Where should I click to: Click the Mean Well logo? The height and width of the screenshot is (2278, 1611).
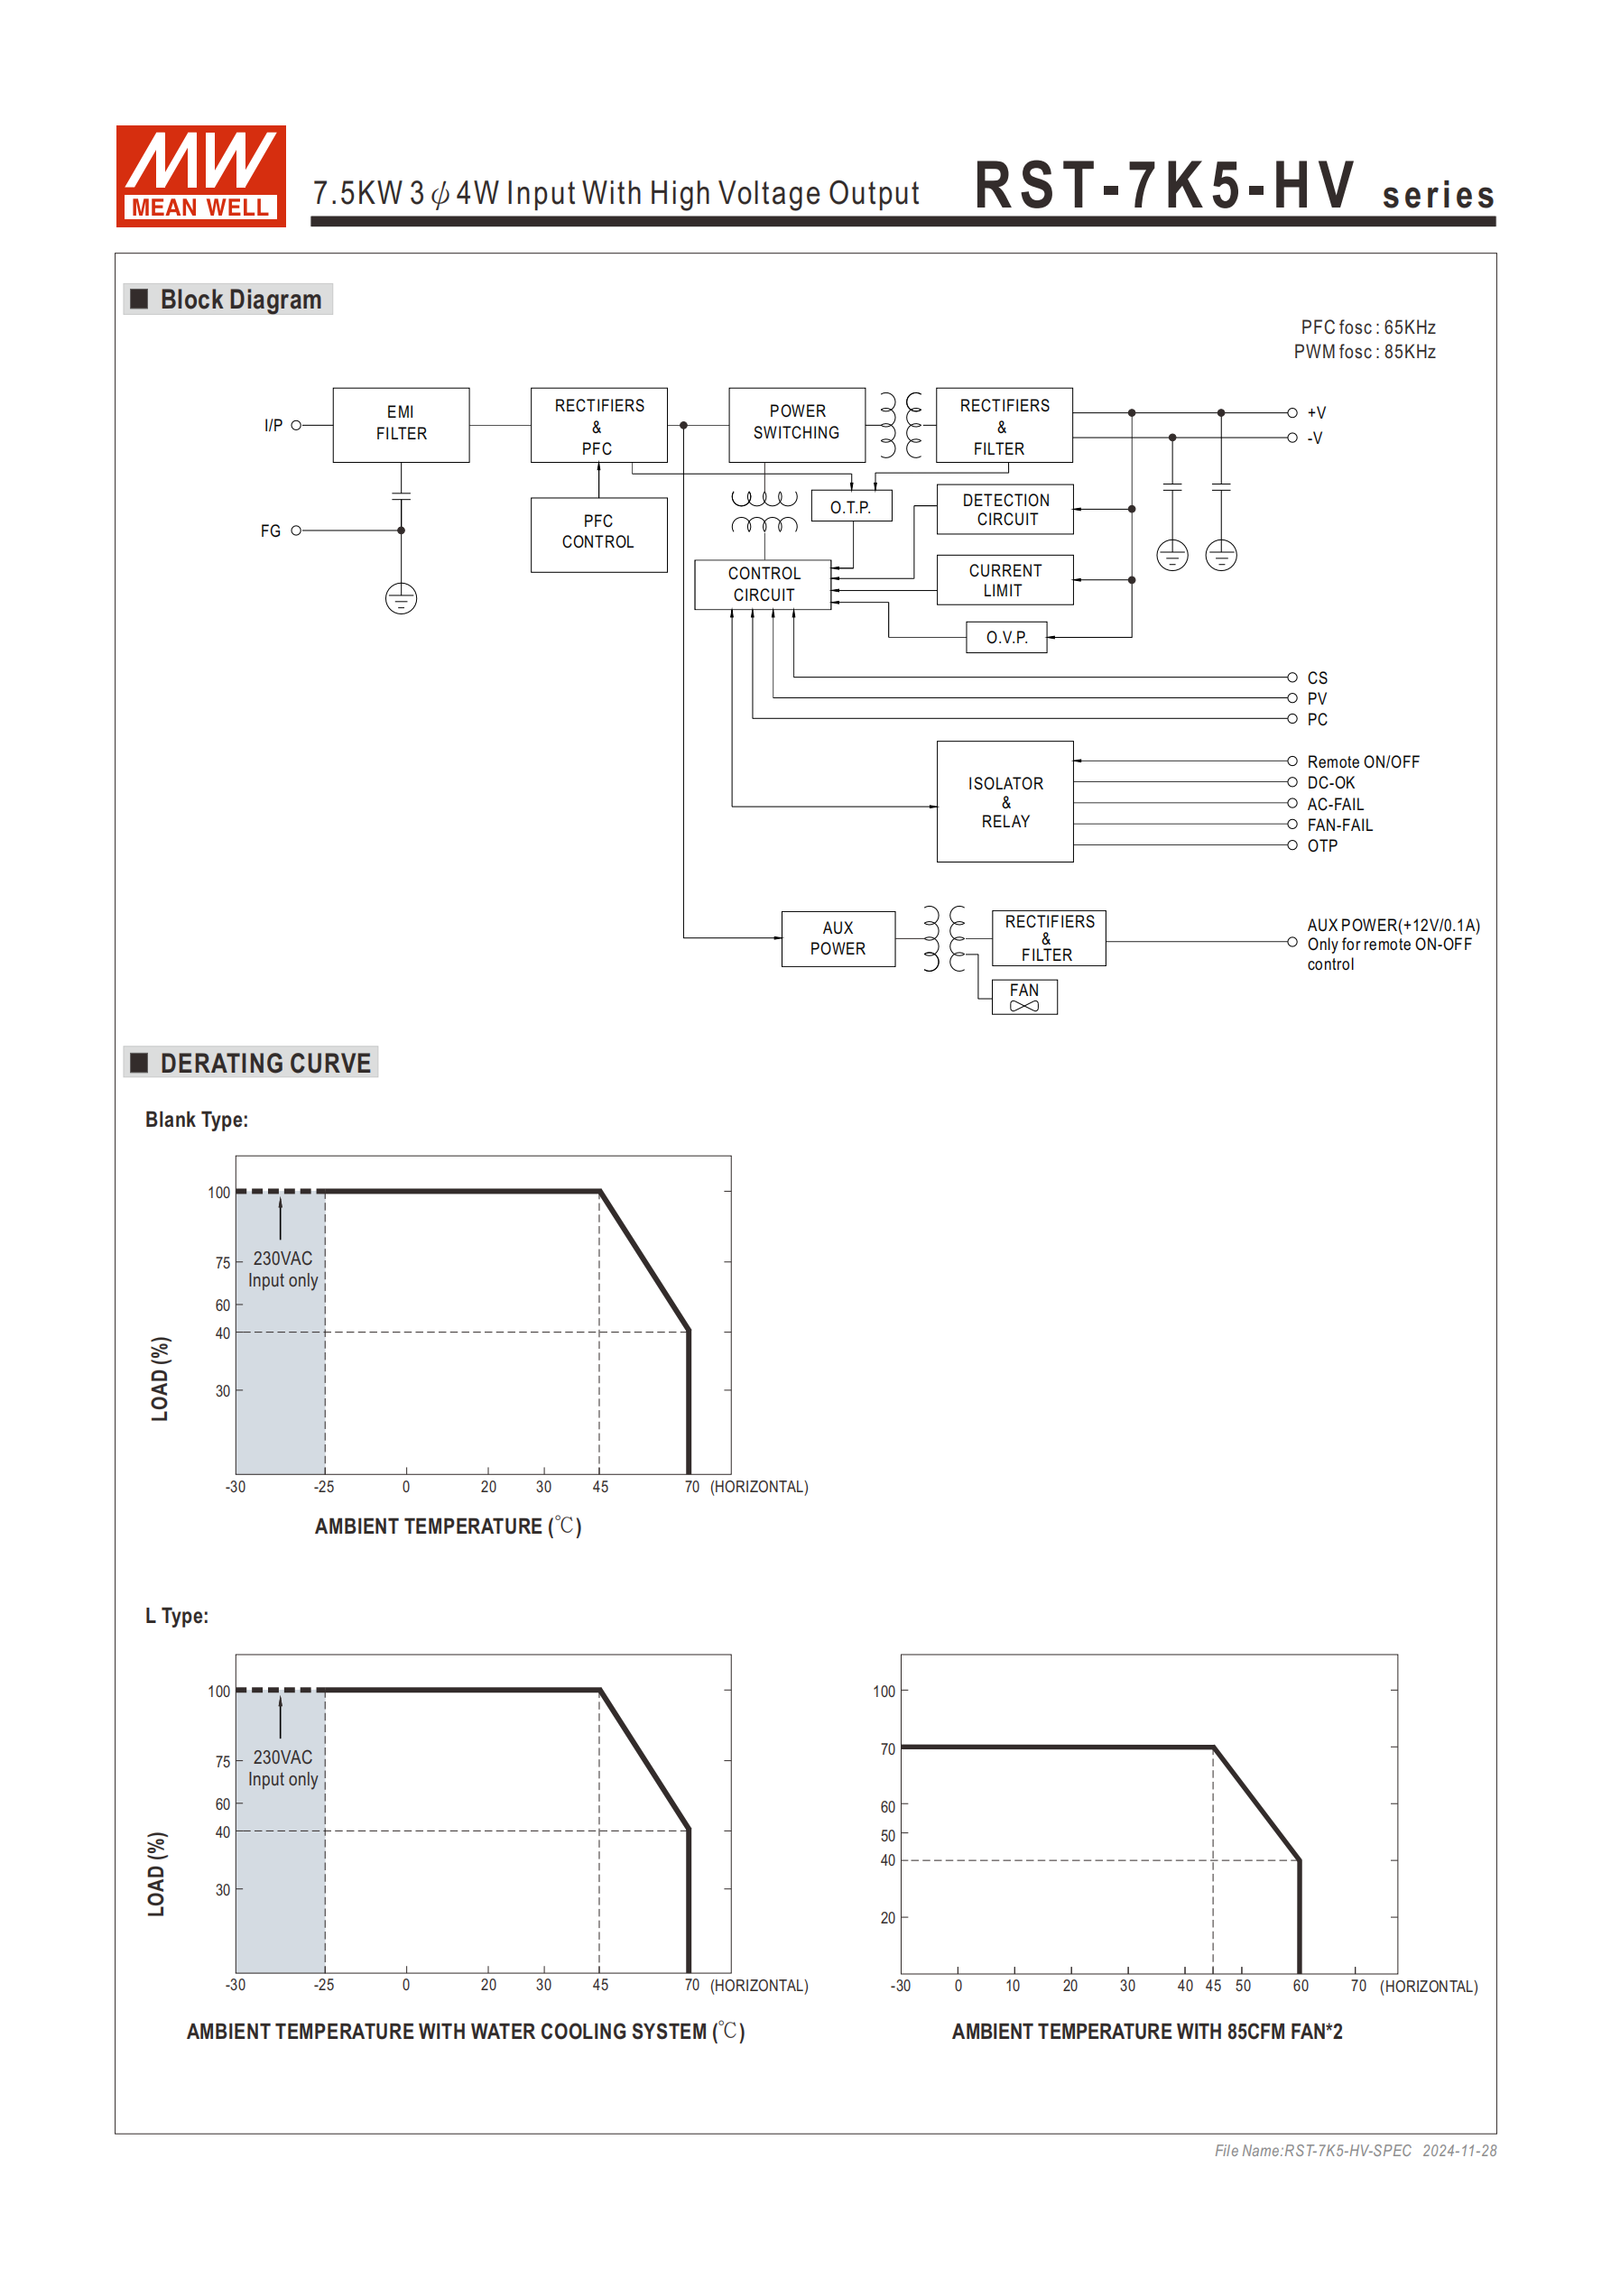[200, 176]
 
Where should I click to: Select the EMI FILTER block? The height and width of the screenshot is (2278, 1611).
[401, 425]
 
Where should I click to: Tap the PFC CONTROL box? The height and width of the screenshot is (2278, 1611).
[598, 534]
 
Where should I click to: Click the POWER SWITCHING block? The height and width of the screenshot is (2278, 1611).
[796, 424]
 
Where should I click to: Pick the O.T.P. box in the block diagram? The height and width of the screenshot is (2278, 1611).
[851, 507]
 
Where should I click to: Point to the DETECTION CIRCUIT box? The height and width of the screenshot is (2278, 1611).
[1005, 510]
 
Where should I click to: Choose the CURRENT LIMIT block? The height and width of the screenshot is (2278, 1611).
[1005, 580]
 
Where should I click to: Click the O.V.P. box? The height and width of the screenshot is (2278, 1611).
[1005, 637]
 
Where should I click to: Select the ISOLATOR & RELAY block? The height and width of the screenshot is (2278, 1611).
[1005, 802]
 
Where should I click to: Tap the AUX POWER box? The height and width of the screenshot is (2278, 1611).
[838, 938]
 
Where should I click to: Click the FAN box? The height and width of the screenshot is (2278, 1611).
[1024, 996]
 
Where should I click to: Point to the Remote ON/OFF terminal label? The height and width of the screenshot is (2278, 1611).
[1362, 762]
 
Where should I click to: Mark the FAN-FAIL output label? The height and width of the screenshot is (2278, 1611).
[1339, 825]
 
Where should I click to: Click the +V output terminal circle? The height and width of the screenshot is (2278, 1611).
[1292, 412]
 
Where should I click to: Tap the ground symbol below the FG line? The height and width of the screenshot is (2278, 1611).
[401, 598]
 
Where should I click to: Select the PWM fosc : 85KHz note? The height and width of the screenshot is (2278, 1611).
[1364, 352]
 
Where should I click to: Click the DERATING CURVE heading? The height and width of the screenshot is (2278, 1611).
[265, 1064]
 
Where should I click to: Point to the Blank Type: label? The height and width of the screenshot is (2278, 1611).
[197, 1121]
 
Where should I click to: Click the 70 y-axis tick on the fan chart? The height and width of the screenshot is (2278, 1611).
[887, 1749]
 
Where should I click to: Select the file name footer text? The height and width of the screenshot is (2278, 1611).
[1355, 2151]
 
